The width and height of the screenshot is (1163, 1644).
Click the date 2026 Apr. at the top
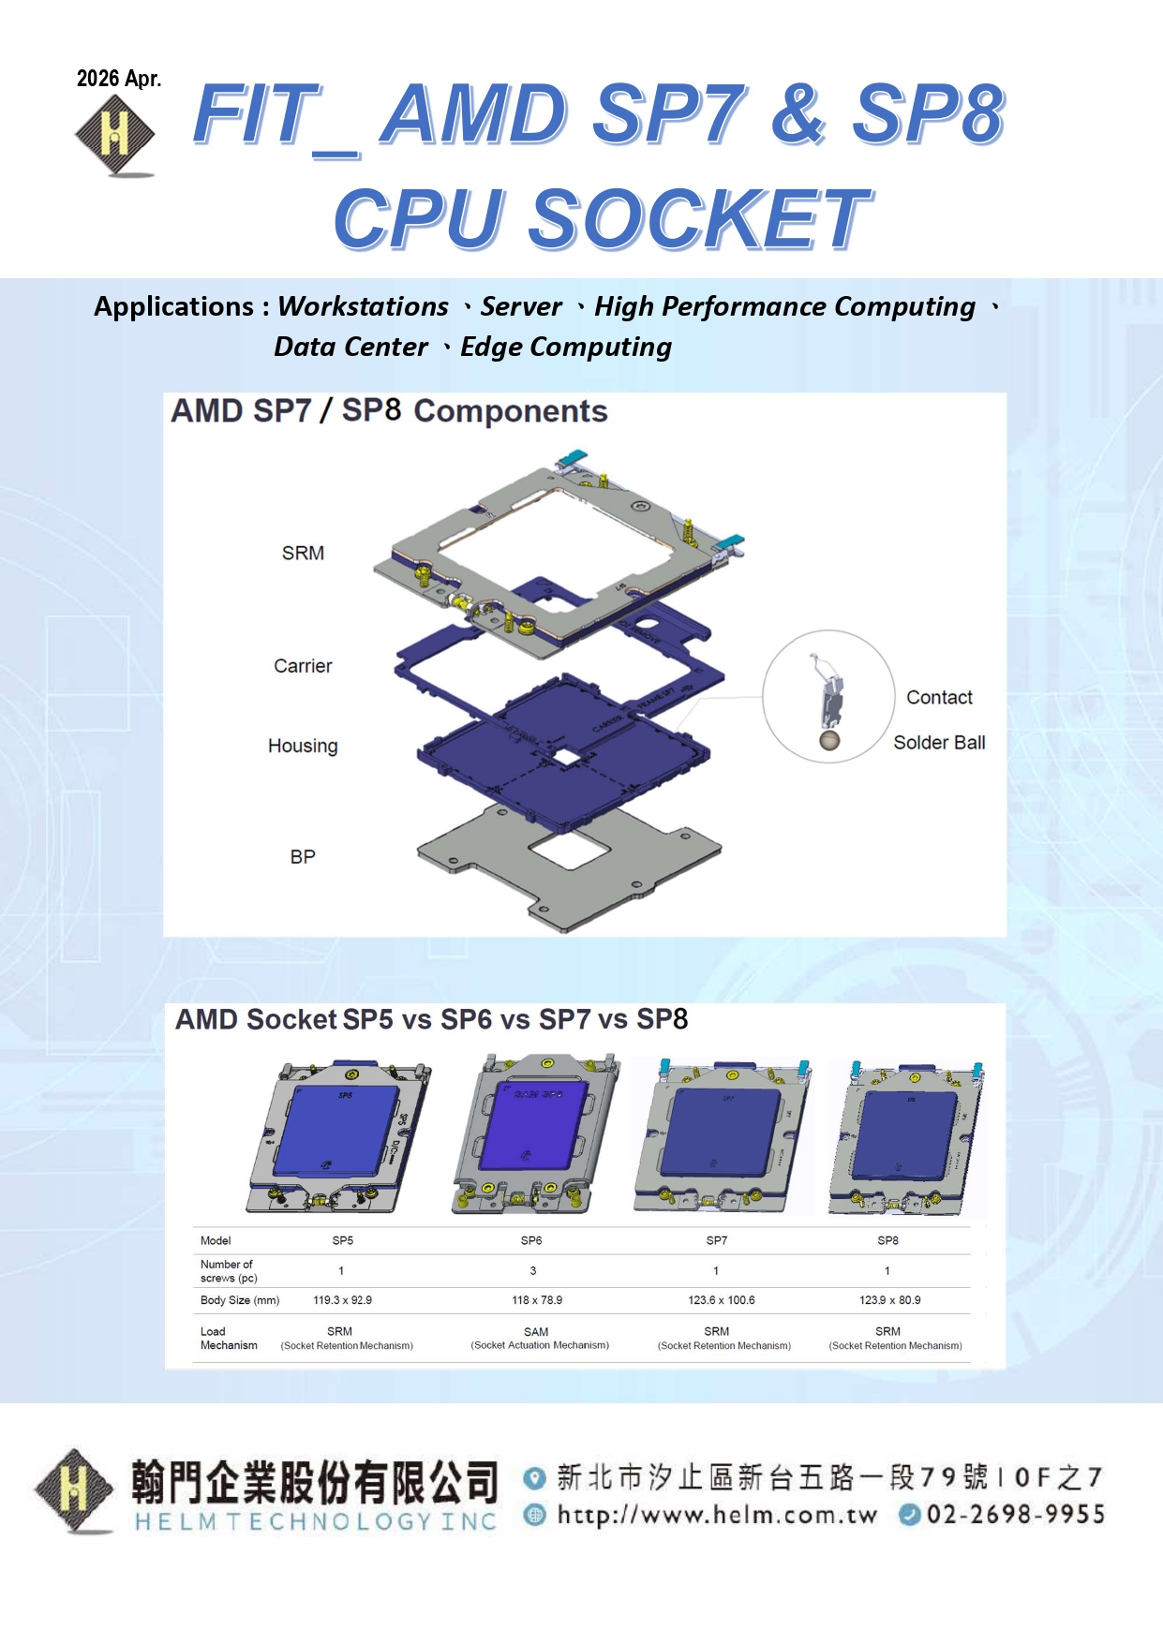(x=119, y=79)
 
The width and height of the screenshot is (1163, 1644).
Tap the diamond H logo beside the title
(x=115, y=136)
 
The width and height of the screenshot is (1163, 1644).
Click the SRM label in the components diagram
(x=303, y=553)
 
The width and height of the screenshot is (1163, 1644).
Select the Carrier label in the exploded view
(x=303, y=666)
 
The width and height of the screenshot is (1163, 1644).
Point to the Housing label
(x=303, y=746)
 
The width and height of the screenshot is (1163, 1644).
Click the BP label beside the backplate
(x=303, y=856)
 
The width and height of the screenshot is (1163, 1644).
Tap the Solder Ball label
(x=939, y=742)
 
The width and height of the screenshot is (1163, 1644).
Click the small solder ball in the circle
(x=829, y=740)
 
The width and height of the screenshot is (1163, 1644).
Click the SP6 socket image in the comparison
(x=535, y=1133)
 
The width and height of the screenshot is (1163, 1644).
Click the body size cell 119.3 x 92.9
(x=342, y=1300)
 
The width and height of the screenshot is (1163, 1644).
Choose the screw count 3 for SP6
(x=533, y=1271)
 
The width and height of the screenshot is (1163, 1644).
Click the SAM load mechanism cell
(x=540, y=1338)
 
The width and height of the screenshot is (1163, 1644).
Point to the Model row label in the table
(x=216, y=1240)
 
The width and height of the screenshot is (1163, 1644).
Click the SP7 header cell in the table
(x=717, y=1240)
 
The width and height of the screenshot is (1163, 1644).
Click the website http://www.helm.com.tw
(x=717, y=1515)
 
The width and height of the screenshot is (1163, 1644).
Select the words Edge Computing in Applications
(x=566, y=348)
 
